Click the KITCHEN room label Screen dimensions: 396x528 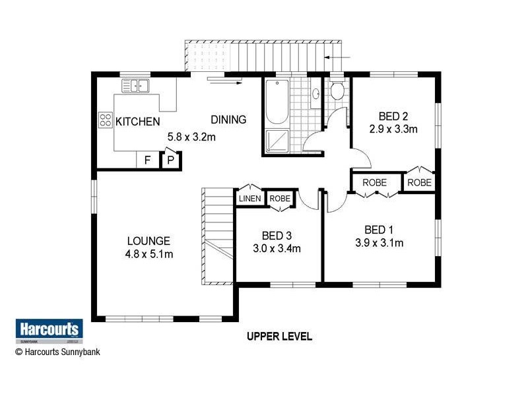pyautogui.click(x=137, y=121)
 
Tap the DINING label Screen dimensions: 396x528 pyautogui.click(x=228, y=119)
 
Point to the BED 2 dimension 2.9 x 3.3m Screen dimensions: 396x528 pyautogui.click(x=394, y=129)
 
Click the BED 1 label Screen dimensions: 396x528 pyautogui.click(x=379, y=230)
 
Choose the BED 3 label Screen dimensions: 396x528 pyautogui.click(x=276, y=236)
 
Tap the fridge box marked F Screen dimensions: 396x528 pyautogui.click(x=147, y=160)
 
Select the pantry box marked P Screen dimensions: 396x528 pyautogui.click(x=170, y=160)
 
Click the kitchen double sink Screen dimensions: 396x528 pyautogui.click(x=135, y=85)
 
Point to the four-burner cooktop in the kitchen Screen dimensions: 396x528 pyautogui.click(x=106, y=120)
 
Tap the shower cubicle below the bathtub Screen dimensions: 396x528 pyautogui.click(x=276, y=141)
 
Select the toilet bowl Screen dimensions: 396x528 pyautogui.click(x=337, y=90)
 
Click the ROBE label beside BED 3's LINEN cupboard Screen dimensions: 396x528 pyautogui.click(x=280, y=198)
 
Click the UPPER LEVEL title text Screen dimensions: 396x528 pyautogui.click(x=279, y=337)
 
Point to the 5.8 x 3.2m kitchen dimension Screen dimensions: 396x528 pyautogui.click(x=191, y=137)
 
